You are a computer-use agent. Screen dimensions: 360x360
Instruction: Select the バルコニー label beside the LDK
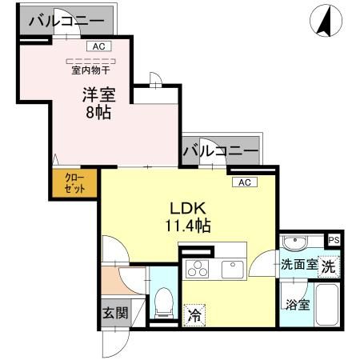(x=221, y=150)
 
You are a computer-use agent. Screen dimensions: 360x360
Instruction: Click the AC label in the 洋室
(x=98, y=47)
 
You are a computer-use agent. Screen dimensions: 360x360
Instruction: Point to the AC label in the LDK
(x=244, y=182)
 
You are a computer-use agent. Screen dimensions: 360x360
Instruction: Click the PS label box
(x=334, y=239)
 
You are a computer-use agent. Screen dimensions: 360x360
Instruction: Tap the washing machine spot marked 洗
(x=328, y=267)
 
